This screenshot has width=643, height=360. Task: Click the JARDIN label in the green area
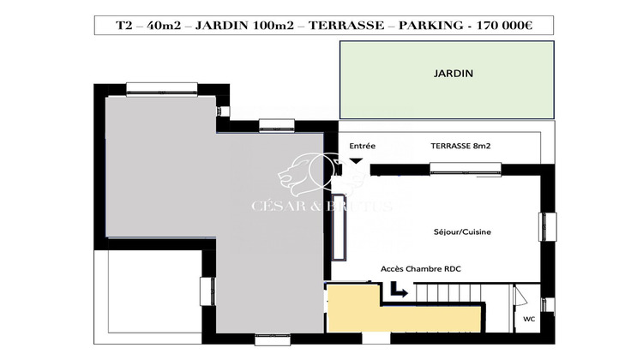pos(454,74)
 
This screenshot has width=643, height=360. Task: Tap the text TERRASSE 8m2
pos(461,147)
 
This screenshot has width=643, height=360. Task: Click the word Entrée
pos(362,147)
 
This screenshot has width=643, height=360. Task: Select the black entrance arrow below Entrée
pos(356,160)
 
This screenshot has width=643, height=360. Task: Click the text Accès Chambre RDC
pos(420,269)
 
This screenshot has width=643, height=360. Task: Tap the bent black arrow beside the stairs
pos(399,292)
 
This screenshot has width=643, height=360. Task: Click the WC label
pos(529,319)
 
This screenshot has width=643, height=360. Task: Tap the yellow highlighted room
pos(403,317)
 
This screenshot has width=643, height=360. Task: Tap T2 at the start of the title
pos(124,25)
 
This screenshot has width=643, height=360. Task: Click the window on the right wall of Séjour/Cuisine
pos(542,226)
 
